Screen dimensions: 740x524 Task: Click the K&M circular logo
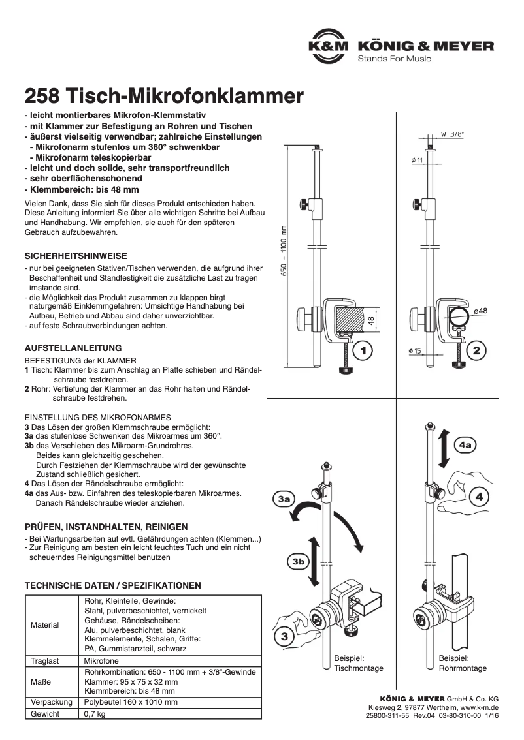(329, 47)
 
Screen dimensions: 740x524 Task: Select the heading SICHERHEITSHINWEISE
(76, 256)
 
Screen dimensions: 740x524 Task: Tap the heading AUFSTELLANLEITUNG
(73, 348)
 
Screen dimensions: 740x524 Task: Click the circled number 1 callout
(363, 350)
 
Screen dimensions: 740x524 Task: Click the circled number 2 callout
(476, 350)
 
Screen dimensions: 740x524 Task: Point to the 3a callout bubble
(284, 500)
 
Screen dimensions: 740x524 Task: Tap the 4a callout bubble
(467, 445)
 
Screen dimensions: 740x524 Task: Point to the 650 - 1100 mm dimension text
(284, 251)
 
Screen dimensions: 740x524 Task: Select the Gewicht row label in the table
(45, 714)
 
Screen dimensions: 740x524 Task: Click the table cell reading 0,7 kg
(95, 714)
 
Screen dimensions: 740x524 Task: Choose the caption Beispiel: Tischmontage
(358, 664)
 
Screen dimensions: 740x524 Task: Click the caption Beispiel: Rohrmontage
(463, 664)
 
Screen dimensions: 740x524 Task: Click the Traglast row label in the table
(45, 661)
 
